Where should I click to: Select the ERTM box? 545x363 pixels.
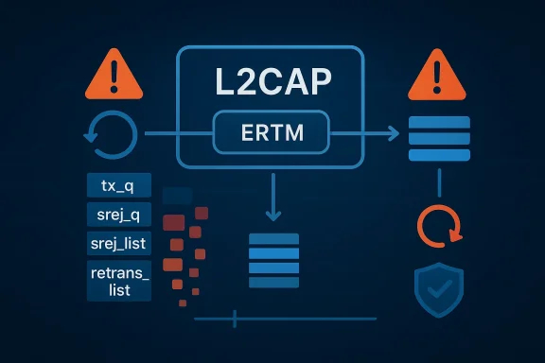[x=272, y=133]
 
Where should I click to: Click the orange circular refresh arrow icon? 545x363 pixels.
[x=439, y=226]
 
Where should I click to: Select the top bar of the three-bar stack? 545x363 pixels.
[x=439, y=122]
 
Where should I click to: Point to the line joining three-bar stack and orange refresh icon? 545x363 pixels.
[x=439, y=183]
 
